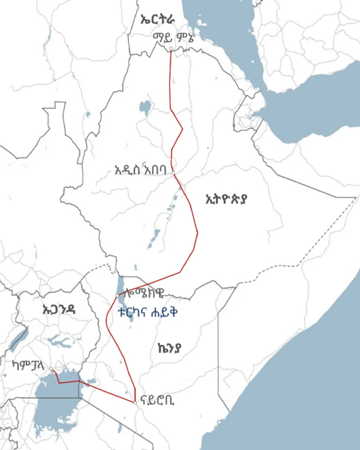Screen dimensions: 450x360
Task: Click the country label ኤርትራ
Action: point(158,20)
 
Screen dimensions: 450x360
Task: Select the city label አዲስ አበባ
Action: point(140,169)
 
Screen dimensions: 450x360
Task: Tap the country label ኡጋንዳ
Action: point(58,309)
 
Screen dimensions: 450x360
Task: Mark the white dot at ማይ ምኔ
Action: point(171,48)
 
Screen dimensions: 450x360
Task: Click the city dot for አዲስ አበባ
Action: point(173,173)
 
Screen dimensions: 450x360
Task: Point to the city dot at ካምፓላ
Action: point(52,370)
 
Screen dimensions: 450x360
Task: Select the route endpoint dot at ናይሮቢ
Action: point(136,402)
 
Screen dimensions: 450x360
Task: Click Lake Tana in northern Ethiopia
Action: point(146,106)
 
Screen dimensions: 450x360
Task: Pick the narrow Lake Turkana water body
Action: point(120,285)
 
